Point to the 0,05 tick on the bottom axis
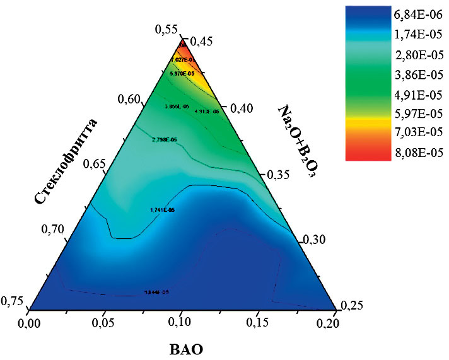(x=105, y=323)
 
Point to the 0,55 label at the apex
(x=166, y=28)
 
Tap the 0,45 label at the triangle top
(x=201, y=42)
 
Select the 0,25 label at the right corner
(x=353, y=306)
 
